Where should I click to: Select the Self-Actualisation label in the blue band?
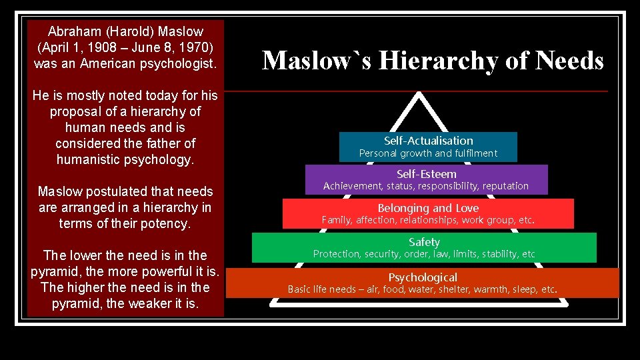coord(428,141)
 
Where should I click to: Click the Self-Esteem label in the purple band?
coord(427,174)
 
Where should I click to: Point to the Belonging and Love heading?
coord(428,208)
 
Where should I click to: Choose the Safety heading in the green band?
coord(424,242)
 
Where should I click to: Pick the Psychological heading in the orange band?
coord(423,277)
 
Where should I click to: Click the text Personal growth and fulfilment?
coord(428,153)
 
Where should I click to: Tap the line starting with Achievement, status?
coord(425,186)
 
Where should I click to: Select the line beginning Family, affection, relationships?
coord(428,220)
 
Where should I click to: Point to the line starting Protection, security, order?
coord(424,254)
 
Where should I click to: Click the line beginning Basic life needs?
coord(422,289)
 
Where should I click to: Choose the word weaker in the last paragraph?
coord(151,303)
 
